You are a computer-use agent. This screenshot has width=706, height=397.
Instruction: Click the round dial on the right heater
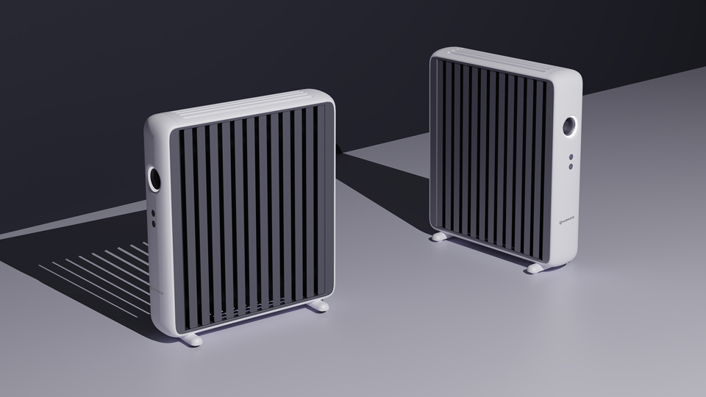570,127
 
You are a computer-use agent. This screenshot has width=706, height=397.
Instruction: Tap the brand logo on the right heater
568,218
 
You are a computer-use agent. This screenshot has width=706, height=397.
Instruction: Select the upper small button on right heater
570,157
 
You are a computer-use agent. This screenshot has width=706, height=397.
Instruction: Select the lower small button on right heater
570,167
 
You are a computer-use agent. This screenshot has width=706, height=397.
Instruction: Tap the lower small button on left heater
153,223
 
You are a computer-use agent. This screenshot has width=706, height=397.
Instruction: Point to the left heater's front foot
192,339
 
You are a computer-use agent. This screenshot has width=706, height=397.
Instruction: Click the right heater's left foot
439,236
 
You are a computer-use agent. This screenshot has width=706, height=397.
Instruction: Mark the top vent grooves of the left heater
235,107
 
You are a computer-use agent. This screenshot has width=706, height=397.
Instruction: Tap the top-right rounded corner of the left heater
324,97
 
